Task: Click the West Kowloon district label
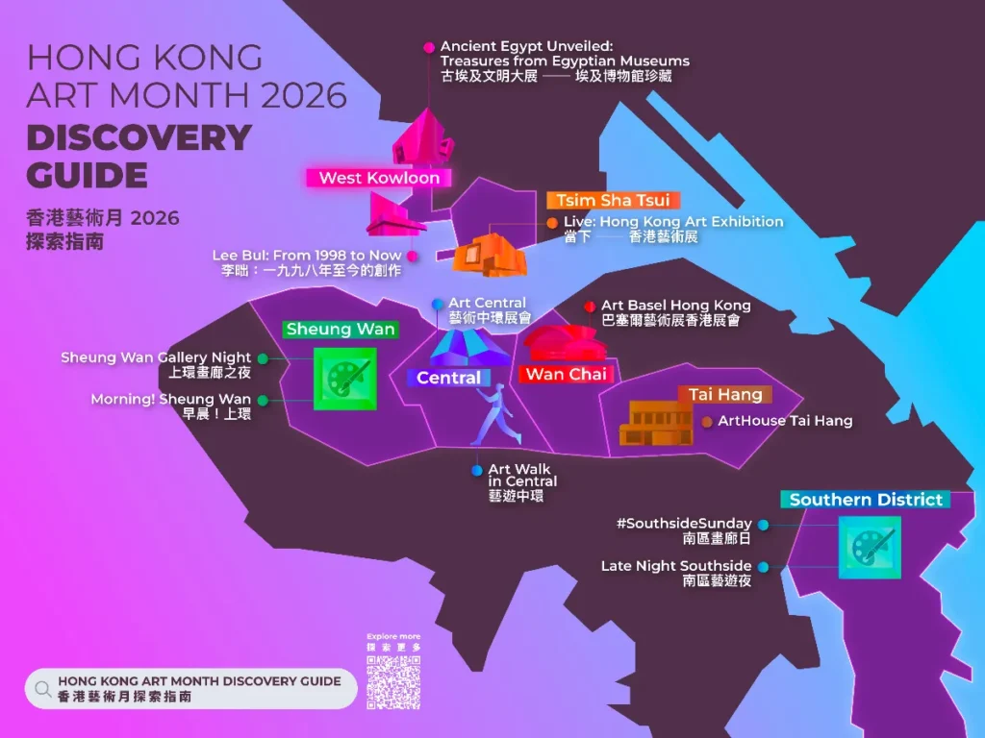(379, 178)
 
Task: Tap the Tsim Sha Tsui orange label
(614, 200)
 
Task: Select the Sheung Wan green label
(341, 329)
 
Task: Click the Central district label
(448, 378)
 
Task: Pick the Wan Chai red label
(566, 374)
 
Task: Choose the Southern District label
(866, 500)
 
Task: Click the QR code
(393, 682)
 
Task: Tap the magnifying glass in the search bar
(42, 688)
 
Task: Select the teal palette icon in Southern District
(870, 547)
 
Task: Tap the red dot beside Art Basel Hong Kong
(590, 307)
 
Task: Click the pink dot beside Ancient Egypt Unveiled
(429, 46)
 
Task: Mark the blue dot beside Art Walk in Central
(477, 470)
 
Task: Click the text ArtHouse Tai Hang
(785, 421)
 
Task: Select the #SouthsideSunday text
(683, 524)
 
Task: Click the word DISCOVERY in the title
(139, 137)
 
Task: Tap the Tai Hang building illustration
(657, 423)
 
